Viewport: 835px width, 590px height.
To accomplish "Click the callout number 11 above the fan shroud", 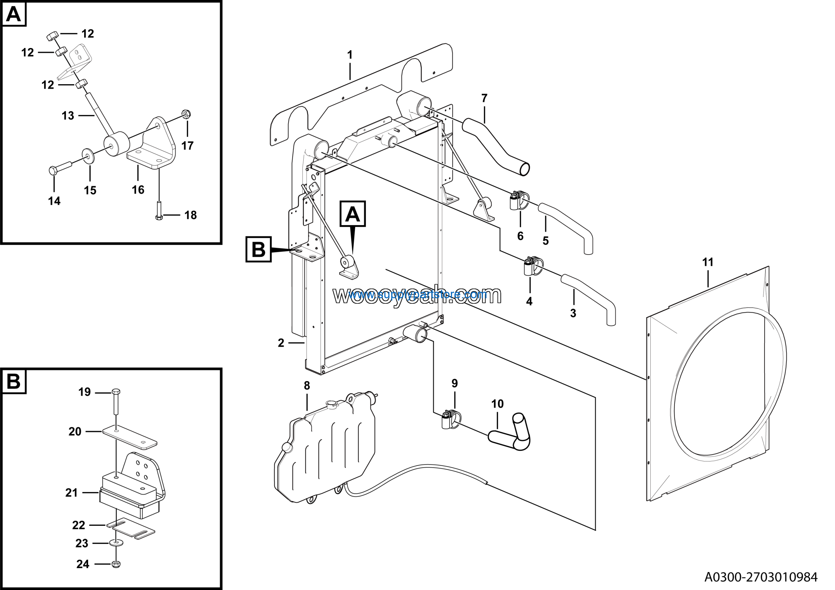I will (x=707, y=262).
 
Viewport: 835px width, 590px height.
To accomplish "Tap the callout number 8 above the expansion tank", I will (x=307, y=386).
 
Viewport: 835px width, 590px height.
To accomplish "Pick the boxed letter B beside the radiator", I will (x=259, y=250).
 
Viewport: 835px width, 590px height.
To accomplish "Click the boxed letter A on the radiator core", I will (x=352, y=214).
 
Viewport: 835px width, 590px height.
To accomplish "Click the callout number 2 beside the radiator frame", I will (x=281, y=343).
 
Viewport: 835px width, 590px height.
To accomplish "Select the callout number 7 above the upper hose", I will (x=484, y=98).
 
